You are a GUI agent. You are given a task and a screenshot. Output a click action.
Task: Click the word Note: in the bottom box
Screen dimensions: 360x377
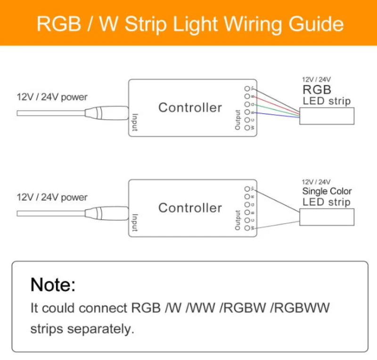click(x=53, y=285)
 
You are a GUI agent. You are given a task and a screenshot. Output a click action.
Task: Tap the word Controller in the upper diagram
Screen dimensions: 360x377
click(x=190, y=108)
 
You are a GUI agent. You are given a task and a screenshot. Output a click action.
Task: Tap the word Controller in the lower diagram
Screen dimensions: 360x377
click(x=190, y=208)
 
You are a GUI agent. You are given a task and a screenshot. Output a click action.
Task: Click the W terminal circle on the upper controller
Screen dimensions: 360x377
click(x=247, y=127)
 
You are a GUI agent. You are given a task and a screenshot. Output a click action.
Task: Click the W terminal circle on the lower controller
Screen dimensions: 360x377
click(x=247, y=228)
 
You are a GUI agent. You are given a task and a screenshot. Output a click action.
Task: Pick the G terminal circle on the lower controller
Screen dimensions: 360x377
click(x=247, y=204)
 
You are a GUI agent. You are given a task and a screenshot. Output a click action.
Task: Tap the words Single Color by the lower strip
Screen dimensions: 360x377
click(x=327, y=191)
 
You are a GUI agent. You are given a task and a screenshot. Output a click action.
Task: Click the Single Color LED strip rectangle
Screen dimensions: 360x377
click(x=327, y=217)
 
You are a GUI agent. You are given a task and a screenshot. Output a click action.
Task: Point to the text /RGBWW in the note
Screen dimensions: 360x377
click(x=301, y=309)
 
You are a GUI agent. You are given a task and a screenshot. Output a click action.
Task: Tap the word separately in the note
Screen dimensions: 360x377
click(x=100, y=329)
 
